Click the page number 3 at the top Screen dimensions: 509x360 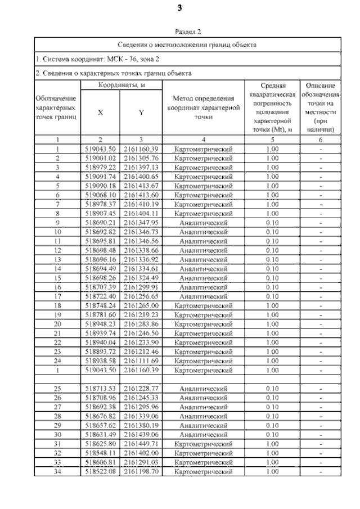(x=180, y=8)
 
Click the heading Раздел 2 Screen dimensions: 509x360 (x=187, y=32)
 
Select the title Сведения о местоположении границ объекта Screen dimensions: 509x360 (x=187, y=44)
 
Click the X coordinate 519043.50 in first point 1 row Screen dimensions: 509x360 (x=100, y=149)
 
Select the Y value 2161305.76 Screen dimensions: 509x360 (x=141, y=158)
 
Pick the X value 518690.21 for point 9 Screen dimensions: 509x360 (x=100, y=223)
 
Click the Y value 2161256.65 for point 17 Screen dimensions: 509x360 (x=141, y=296)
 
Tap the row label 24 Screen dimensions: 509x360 (x=57, y=361)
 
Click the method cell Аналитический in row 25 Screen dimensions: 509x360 (x=204, y=389)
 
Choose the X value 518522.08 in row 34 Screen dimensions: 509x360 (x=100, y=471)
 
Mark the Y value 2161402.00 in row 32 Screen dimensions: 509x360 (x=141, y=453)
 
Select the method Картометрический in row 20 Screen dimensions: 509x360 (x=204, y=324)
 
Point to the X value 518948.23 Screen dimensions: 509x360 (x=100, y=324)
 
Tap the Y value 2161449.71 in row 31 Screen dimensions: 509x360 (x=141, y=444)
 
